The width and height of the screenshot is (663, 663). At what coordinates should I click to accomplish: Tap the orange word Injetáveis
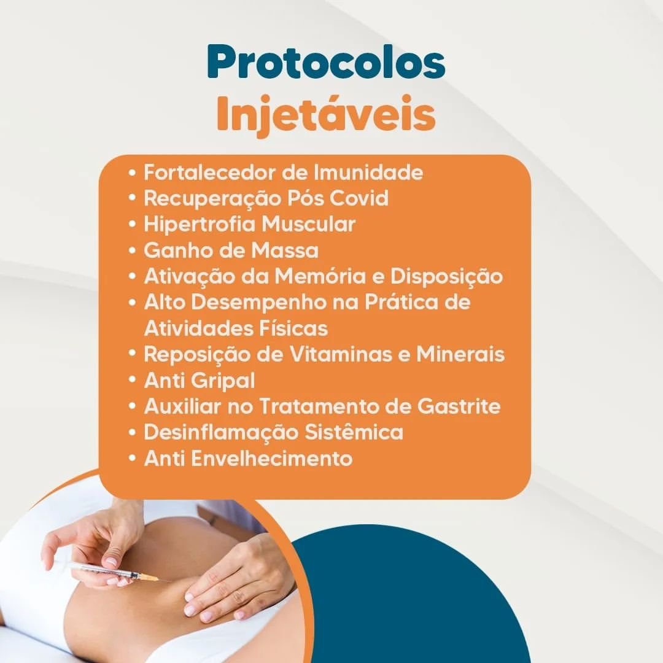326,115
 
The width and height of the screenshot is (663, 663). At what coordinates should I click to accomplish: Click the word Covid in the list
359,198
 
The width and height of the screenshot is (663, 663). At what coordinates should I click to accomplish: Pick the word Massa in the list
285,250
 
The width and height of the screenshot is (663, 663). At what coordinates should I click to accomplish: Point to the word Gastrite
459,406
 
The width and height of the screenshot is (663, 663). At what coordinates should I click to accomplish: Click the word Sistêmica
354,432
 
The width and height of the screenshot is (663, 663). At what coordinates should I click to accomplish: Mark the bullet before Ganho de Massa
133,250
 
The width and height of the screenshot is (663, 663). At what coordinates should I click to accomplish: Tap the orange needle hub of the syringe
149,576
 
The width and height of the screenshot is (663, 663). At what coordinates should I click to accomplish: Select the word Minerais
460,354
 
